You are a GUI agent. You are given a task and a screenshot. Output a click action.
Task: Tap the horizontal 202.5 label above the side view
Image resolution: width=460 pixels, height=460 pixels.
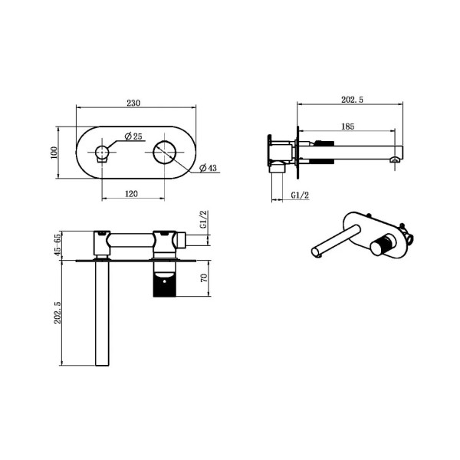coord(350,98)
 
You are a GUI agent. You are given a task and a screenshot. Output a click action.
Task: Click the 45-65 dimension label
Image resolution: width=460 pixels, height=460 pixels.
coord(55,248)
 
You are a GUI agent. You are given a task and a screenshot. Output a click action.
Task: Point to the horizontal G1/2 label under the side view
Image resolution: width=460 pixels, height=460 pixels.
coord(300,195)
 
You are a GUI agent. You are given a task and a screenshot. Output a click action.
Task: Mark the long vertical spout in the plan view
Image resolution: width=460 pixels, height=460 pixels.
coord(100,314)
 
